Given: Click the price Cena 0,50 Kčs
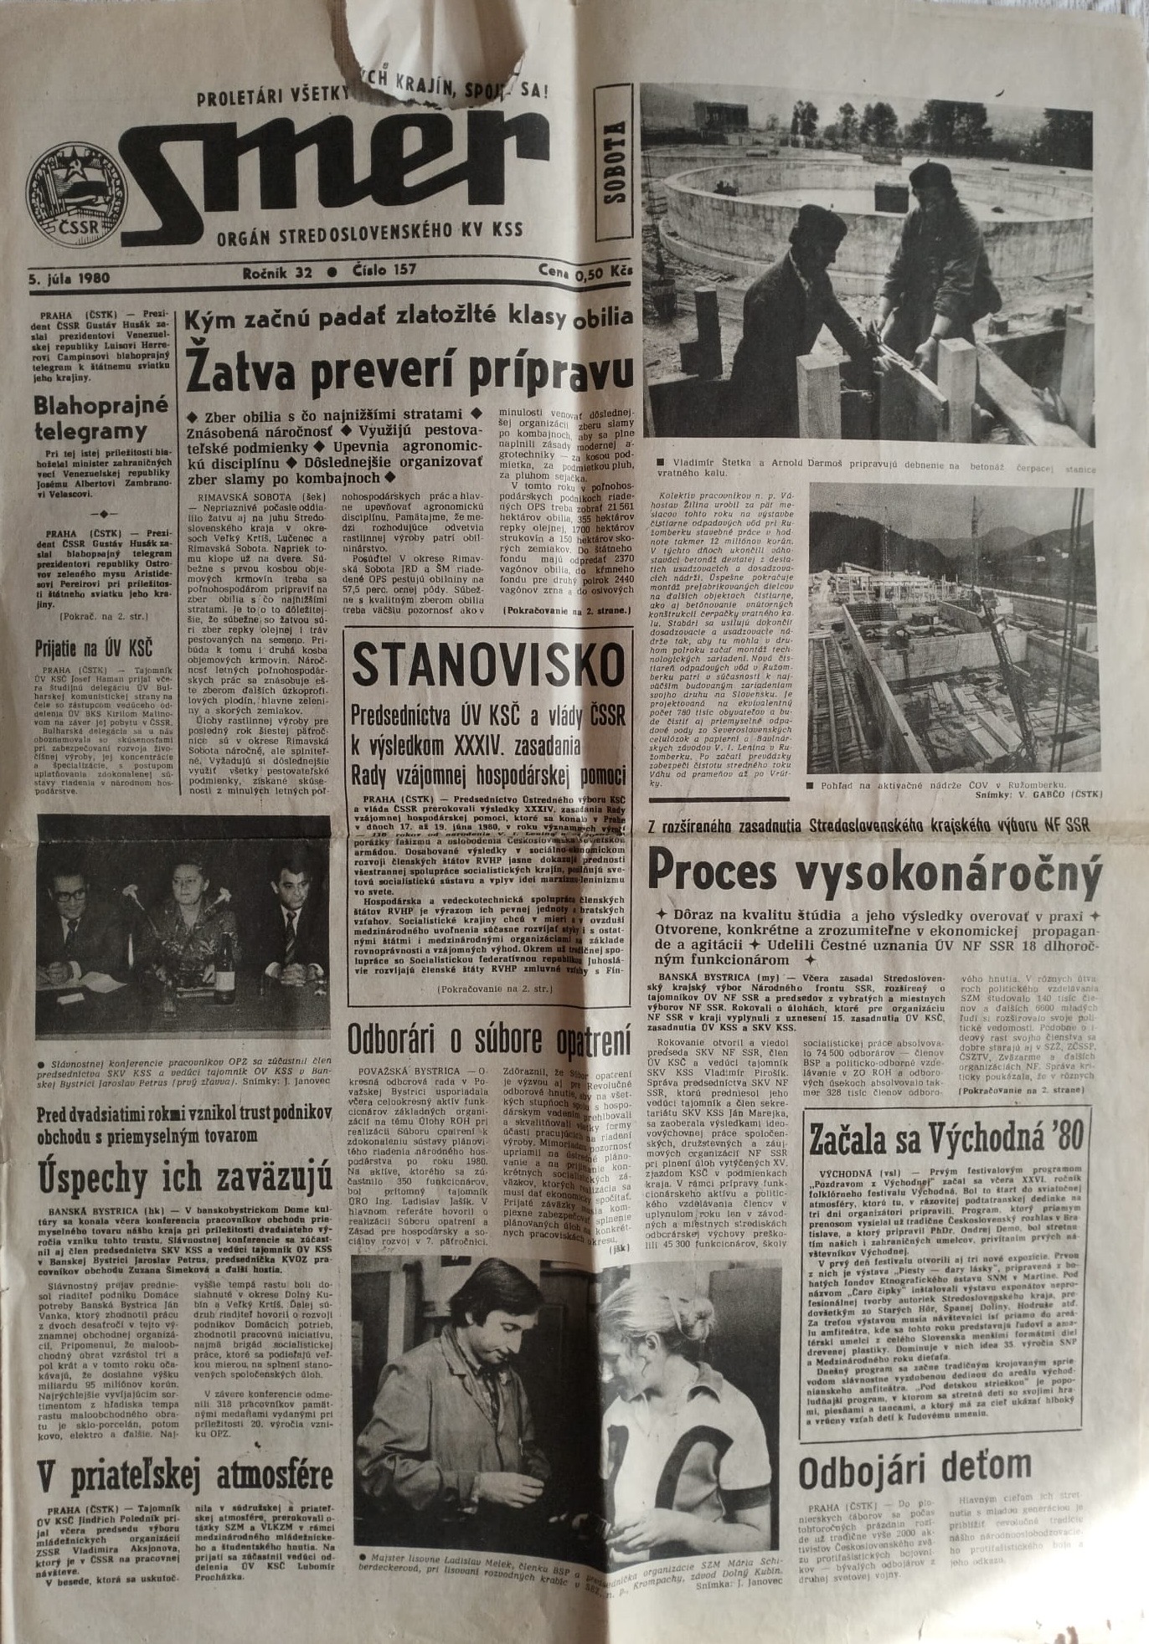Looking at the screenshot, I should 586,272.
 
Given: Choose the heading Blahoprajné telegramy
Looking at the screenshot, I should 101,418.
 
